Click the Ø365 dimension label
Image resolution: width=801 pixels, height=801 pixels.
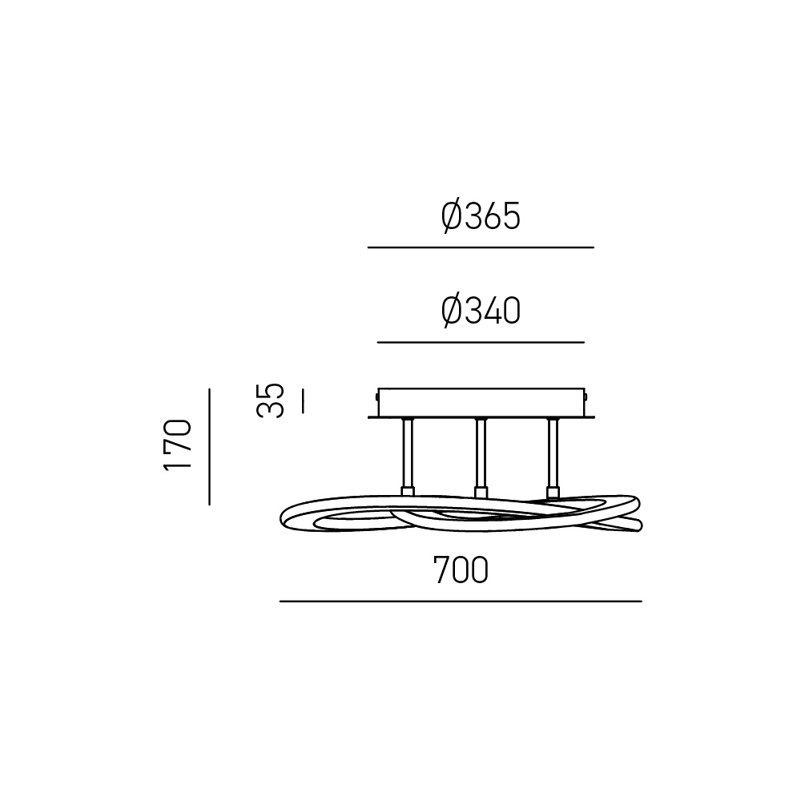(480, 216)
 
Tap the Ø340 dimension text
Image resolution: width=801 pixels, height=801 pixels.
(480, 311)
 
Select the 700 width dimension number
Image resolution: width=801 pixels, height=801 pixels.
(461, 570)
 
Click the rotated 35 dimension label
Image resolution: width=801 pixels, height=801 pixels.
(270, 400)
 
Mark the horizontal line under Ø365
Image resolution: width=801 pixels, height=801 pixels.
(481, 248)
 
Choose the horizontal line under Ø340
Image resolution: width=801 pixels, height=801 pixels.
(481, 342)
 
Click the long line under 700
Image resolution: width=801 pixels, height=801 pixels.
(461, 602)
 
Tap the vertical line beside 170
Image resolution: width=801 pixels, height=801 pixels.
(209, 447)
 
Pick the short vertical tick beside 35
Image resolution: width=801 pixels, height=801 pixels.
(303, 401)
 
